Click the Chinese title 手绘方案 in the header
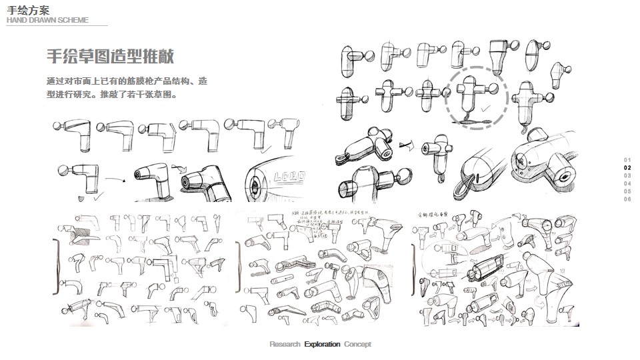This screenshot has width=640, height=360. [x=28, y=9]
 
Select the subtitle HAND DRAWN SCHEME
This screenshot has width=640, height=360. [x=47, y=20]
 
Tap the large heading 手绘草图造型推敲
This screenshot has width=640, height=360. [x=110, y=56]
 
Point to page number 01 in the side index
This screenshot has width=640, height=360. [x=627, y=159]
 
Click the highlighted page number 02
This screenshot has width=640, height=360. [x=627, y=167]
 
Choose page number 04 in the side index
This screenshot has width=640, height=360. [x=627, y=183]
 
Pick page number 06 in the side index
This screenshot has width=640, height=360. [x=627, y=199]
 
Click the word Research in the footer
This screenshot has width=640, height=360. [x=285, y=345]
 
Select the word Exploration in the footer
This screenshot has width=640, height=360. [x=322, y=345]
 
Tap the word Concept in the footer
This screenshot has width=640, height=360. [x=357, y=345]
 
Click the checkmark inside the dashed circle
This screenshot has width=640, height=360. [x=486, y=107]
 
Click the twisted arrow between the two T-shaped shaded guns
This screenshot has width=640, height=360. [x=404, y=143]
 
